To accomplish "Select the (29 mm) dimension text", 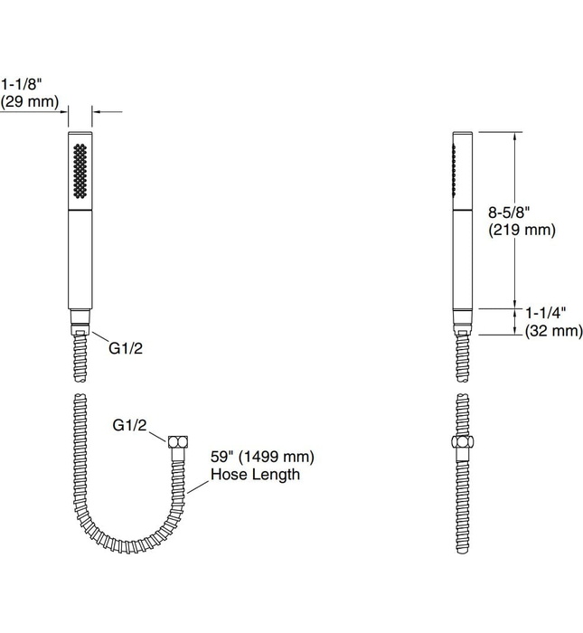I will (x=30, y=102).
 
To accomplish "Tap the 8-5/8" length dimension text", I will (x=508, y=212).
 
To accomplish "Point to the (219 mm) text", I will (x=522, y=230).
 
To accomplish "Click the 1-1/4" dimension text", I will (x=545, y=313).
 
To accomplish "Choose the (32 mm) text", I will (x=553, y=331).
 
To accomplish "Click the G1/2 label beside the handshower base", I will (x=125, y=348).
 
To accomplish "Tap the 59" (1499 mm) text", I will (x=262, y=457).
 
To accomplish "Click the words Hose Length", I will (x=255, y=475).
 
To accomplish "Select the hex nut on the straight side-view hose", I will (x=462, y=446).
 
